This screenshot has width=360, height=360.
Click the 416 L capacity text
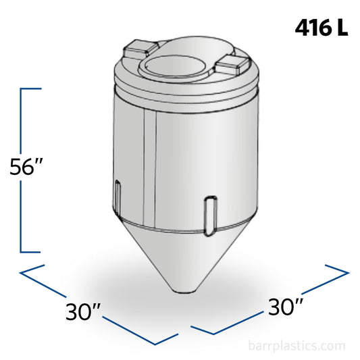pyautogui.click(x=322, y=28)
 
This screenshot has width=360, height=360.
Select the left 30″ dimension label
pyautogui.click(x=84, y=311)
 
